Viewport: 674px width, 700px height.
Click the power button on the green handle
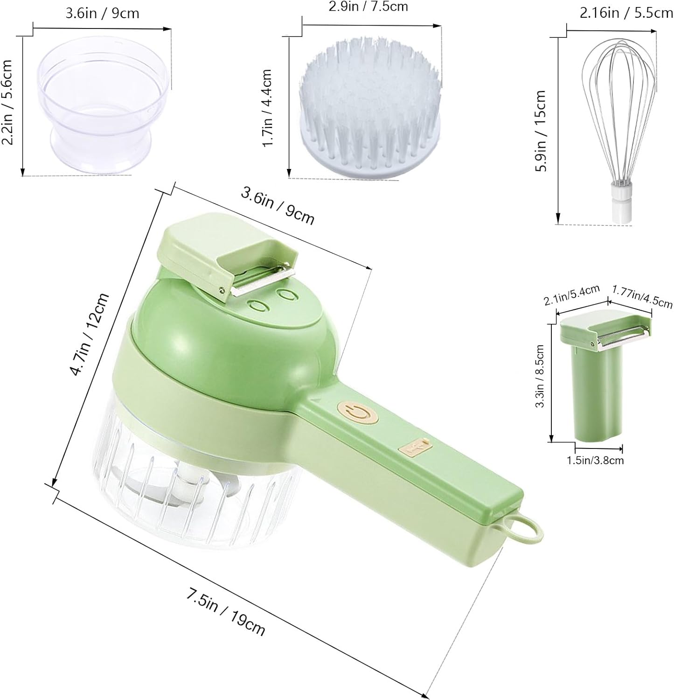[357, 413]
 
